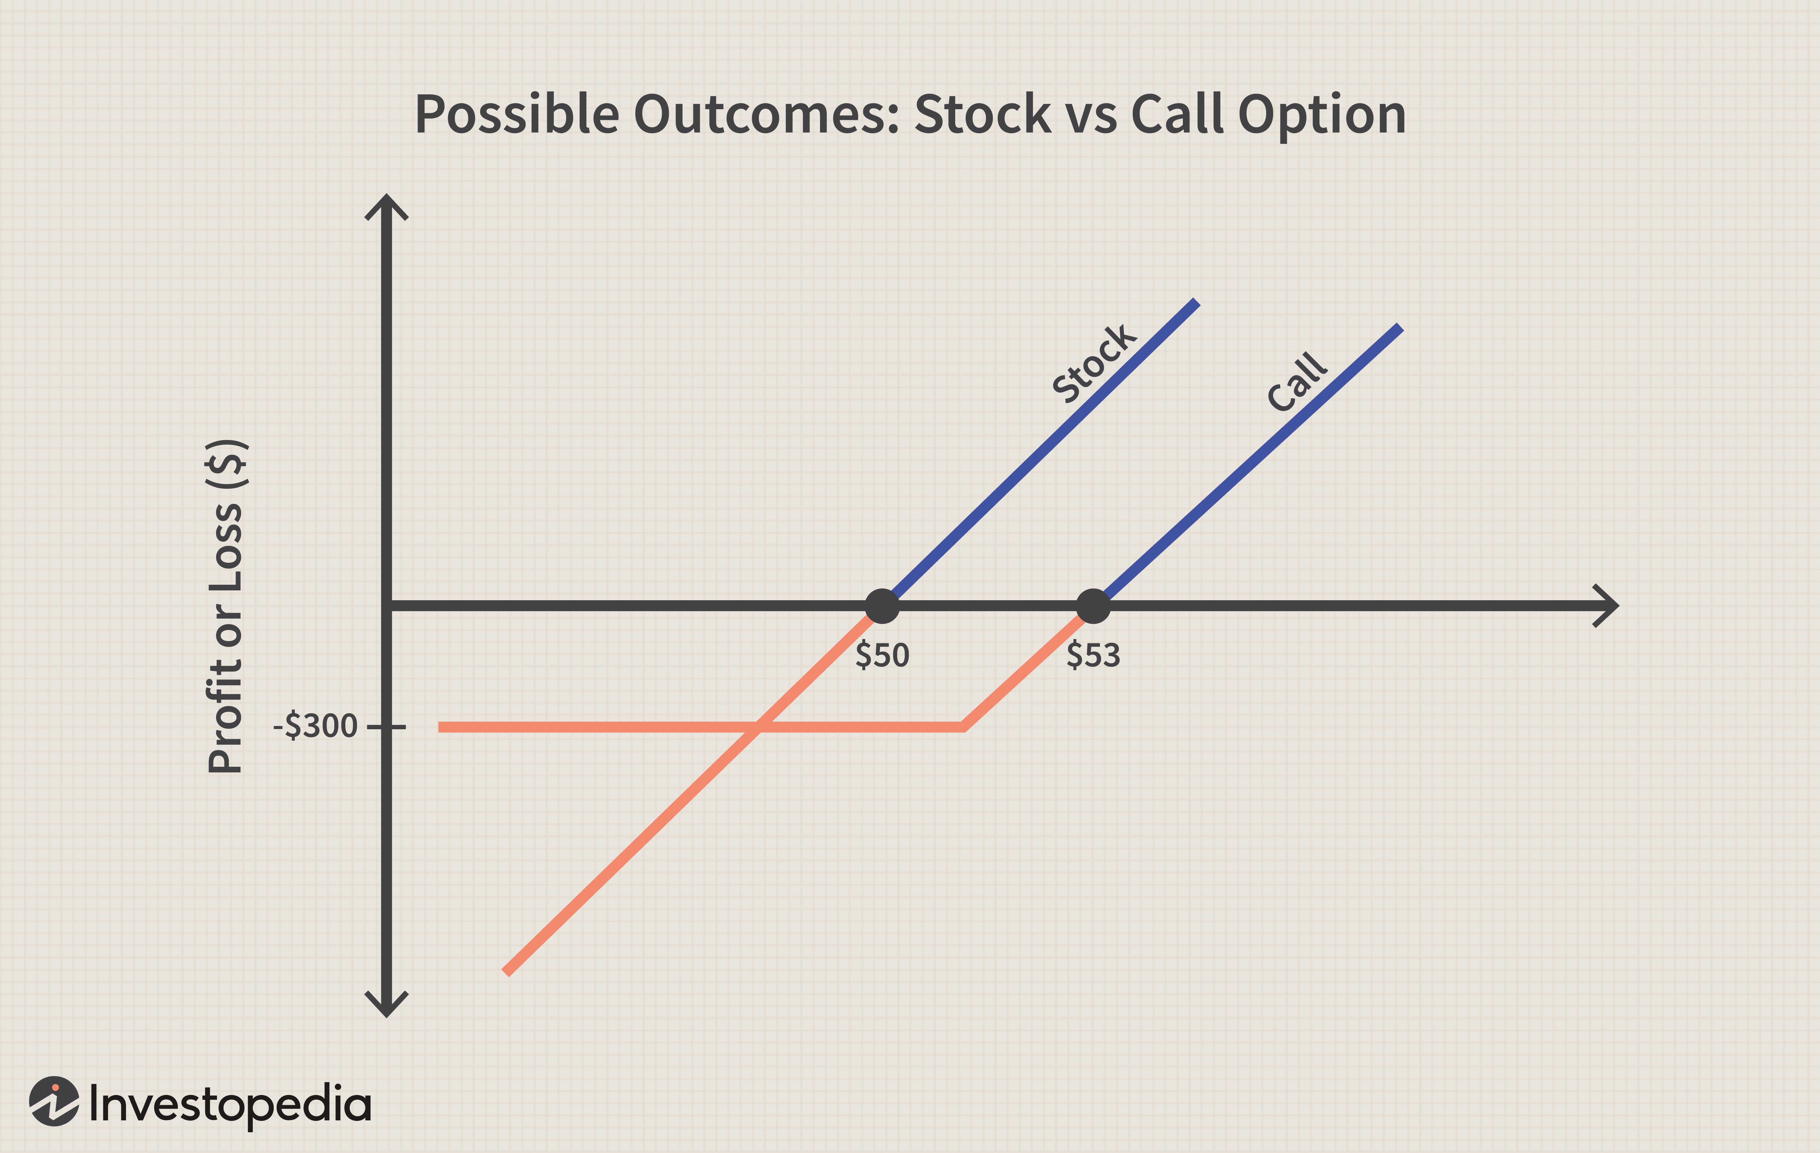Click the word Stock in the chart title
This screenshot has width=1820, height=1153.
pyautogui.click(x=983, y=116)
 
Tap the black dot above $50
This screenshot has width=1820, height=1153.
pyautogui.click(x=882, y=605)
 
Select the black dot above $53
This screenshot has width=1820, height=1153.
pyautogui.click(x=1093, y=605)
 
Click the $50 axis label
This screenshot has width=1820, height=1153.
pyautogui.click(x=882, y=655)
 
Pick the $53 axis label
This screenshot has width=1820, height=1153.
pyautogui.click(x=1093, y=655)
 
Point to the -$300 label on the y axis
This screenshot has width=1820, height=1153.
pyautogui.click(x=315, y=727)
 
